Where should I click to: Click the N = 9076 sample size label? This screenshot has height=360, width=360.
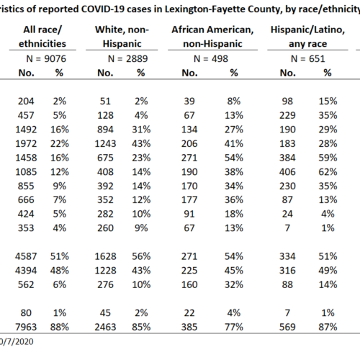(x=46, y=59)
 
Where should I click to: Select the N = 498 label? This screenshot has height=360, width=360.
(x=211, y=59)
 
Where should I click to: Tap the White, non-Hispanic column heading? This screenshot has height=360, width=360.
(x=122, y=37)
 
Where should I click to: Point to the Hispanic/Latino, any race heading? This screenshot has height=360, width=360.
(x=307, y=37)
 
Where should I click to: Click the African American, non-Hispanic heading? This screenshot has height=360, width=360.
(x=212, y=37)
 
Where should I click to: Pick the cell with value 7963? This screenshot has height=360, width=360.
(x=26, y=327)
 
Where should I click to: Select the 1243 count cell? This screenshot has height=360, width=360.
(x=105, y=143)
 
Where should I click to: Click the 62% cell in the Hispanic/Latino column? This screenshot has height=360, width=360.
(x=328, y=172)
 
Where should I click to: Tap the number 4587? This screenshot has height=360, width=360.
(x=26, y=256)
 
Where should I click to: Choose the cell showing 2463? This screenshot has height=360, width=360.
(x=105, y=327)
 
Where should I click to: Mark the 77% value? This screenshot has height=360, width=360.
(x=234, y=327)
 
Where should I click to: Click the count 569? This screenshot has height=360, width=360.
(x=287, y=327)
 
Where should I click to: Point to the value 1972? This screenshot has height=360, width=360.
(x=26, y=143)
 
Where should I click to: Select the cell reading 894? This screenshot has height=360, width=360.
(x=105, y=130)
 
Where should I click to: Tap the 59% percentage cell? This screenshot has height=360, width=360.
(x=328, y=158)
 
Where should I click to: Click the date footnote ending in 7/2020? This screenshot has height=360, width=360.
(x=17, y=341)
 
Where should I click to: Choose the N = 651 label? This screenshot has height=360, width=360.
(x=307, y=59)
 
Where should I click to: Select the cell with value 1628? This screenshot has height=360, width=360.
(x=105, y=256)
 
